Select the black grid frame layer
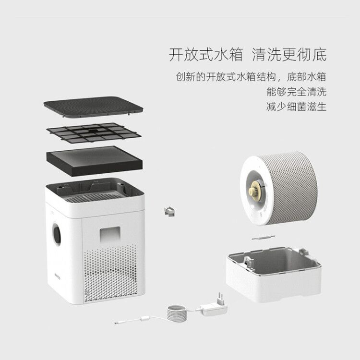(x=94, y=132)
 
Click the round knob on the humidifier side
(x=57, y=234)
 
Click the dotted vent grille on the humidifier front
(x=110, y=274)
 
